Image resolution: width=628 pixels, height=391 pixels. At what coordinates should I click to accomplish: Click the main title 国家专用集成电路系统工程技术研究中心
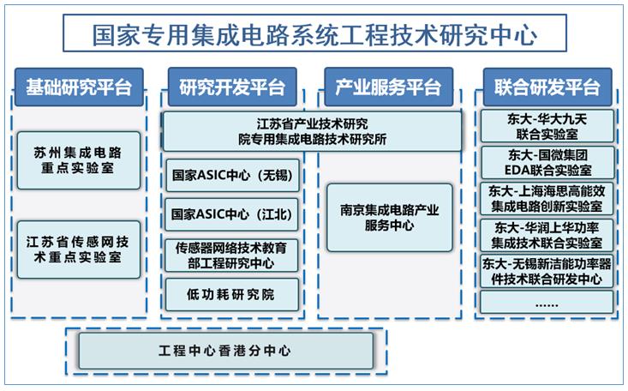point(314,33)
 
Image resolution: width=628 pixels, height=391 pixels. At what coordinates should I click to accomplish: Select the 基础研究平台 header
point(79,87)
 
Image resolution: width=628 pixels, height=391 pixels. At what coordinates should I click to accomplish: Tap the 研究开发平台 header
point(232,87)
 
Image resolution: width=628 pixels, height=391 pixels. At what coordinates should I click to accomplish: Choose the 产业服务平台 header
point(388,87)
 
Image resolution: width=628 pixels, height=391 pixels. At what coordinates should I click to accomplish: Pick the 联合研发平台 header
point(547,87)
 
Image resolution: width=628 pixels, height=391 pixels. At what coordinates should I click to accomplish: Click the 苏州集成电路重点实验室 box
point(79,160)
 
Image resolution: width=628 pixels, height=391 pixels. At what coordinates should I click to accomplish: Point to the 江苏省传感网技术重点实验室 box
point(79,250)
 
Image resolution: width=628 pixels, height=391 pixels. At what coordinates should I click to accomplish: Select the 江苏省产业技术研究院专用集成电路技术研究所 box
point(312,131)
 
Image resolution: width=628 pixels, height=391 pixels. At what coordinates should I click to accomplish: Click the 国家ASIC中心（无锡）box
point(232,175)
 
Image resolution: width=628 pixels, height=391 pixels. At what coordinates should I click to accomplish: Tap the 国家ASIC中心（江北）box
point(232,214)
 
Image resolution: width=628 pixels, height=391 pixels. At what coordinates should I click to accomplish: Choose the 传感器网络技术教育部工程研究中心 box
point(231,256)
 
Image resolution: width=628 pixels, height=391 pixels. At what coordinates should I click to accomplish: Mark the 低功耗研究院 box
point(232,295)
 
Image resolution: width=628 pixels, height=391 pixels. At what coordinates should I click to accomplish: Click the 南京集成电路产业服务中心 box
point(389,218)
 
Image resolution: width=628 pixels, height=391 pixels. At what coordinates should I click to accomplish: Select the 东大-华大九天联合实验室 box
point(547,126)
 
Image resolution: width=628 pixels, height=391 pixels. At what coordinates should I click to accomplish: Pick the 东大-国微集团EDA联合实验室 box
point(547,162)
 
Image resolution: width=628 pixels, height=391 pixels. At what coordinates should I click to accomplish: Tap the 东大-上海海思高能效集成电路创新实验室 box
point(547,199)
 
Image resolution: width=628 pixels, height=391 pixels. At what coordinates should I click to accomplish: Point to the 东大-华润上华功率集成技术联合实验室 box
point(547,236)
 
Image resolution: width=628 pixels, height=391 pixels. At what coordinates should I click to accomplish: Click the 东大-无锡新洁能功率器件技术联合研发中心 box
point(547,272)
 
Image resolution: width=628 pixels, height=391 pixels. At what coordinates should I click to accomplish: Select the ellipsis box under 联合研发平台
point(547,303)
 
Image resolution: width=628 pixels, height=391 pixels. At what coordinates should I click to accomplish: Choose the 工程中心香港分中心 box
point(226,351)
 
